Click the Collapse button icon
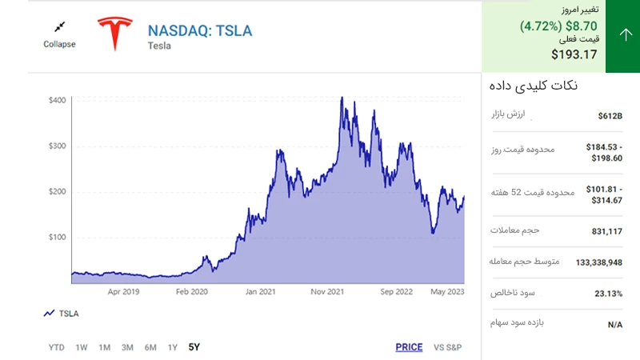(59, 27)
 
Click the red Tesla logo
(115, 34)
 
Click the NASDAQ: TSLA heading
(200, 30)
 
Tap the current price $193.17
(574, 54)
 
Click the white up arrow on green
(626, 34)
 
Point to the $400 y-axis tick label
(57, 101)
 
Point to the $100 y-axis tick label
(57, 237)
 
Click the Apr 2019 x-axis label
(123, 292)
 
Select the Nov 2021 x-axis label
(327, 292)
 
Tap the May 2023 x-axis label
(447, 292)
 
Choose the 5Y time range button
(194, 347)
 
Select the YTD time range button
(56, 347)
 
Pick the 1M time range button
(105, 347)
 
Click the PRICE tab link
(409, 347)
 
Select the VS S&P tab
(447, 347)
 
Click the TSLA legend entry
(62, 314)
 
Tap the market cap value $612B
(610, 116)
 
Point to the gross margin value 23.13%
(608, 294)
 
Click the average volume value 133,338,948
(598, 262)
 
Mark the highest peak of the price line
(342, 97)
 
